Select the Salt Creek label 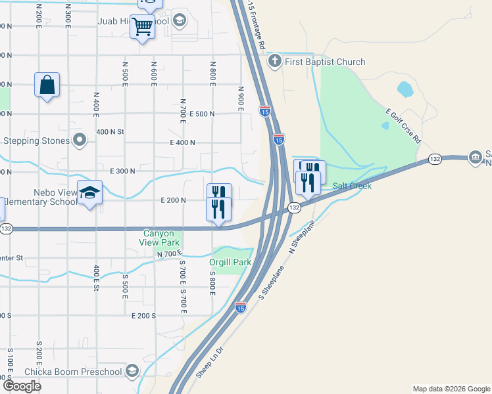coord(352,186)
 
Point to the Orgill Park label coord(230,262)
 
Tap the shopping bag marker coord(47,85)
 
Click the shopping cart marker coord(142,28)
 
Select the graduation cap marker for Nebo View coord(89,192)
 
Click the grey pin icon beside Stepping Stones coord(80,141)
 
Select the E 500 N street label coord(202,114)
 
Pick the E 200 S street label coord(142,315)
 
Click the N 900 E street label coord(241,98)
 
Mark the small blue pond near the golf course coord(405,87)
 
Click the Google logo coord(22,385)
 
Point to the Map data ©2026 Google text coord(451,389)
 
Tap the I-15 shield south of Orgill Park coord(241,307)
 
